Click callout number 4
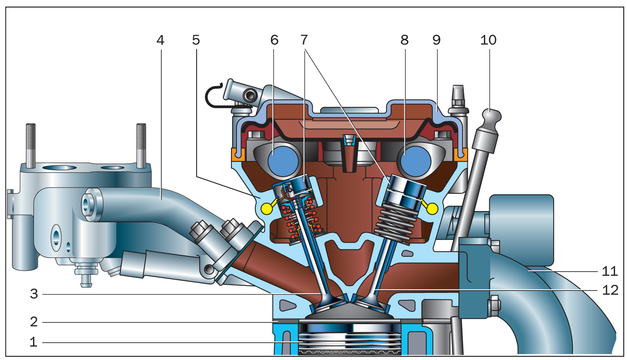pyautogui.click(x=160, y=41)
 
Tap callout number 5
pyautogui.click(x=196, y=41)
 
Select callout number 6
pyautogui.click(x=274, y=41)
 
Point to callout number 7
pyautogui.click(x=304, y=41)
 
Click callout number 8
pyautogui.click(x=405, y=41)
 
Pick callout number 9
pyautogui.click(x=437, y=41)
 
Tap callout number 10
pyautogui.click(x=489, y=41)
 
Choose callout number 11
pyautogui.click(x=610, y=271)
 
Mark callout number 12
pyautogui.click(x=610, y=290)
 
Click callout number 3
pyautogui.click(x=34, y=294)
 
